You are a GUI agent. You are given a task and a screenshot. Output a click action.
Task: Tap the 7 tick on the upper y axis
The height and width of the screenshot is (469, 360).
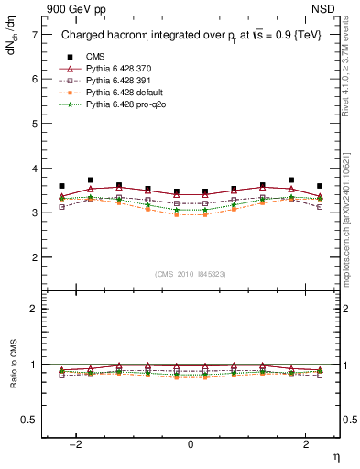pyautogui.click(x=34, y=34)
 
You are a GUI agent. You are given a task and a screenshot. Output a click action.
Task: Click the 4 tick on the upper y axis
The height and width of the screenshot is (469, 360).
pyautogui.click(x=34, y=169)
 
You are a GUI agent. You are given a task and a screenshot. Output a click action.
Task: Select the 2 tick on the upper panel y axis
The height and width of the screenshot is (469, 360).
pyautogui.click(x=34, y=257)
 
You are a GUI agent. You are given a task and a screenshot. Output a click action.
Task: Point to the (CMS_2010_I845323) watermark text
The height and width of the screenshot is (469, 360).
pyautogui.click(x=190, y=274)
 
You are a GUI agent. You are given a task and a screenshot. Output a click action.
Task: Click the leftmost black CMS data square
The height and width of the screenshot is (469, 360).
pyautogui.click(x=61, y=186)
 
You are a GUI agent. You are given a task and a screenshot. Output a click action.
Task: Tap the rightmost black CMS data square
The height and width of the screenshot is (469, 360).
pyautogui.click(x=320, y=186)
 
